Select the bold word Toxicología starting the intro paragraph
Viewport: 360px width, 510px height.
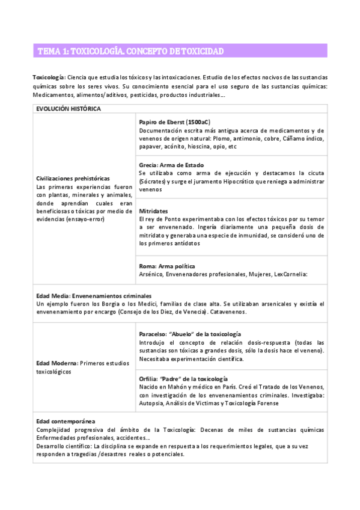48,78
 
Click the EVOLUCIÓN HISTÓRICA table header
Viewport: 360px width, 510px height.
69,108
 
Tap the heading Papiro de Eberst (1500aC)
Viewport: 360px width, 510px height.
174,121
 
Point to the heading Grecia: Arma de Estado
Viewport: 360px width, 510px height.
171,164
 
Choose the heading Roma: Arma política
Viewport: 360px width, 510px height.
166,265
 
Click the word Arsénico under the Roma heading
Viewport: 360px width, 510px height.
151,274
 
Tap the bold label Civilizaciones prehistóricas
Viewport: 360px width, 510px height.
73,179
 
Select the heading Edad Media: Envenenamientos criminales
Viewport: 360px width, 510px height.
94,295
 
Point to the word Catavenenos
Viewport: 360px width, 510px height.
229,312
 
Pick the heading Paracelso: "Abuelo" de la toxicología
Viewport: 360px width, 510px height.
189,334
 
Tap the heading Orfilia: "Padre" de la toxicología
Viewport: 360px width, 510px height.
183,378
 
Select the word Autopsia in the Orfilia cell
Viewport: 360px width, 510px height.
152,403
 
